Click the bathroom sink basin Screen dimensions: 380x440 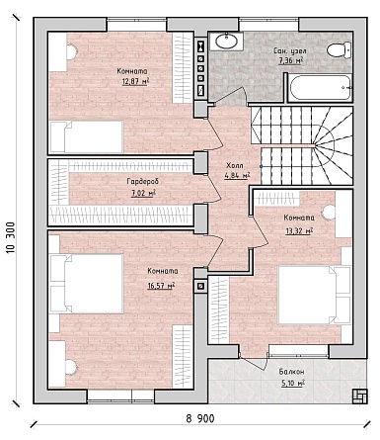click(x=226, y=41)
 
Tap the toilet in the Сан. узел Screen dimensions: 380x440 click(x=339, y=50)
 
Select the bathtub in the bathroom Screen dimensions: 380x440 click(x=320, y=88)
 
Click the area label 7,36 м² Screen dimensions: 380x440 click(x=290, y=61)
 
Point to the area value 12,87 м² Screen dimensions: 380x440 click(x=135, y=81)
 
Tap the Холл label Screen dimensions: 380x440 click(x=235, y=165)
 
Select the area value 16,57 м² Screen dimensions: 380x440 click(x=161, y=286)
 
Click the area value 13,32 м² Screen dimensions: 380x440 click(x=299, y=231)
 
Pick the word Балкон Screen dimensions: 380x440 click(x=291, y=372)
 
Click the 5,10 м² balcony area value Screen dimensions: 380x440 click(x=292, y=384)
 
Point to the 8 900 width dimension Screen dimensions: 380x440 click(x=200, y=419)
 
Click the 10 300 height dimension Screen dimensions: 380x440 click(x=10, y=237)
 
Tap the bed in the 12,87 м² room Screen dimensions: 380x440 click(x=86, y=137)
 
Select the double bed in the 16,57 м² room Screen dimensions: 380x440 click(x=86, y=284)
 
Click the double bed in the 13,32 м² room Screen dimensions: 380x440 click(x=314, y=295)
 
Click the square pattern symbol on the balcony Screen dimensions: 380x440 click(x=359, y=396)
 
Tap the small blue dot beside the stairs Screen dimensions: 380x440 click(x=261, y=166)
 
